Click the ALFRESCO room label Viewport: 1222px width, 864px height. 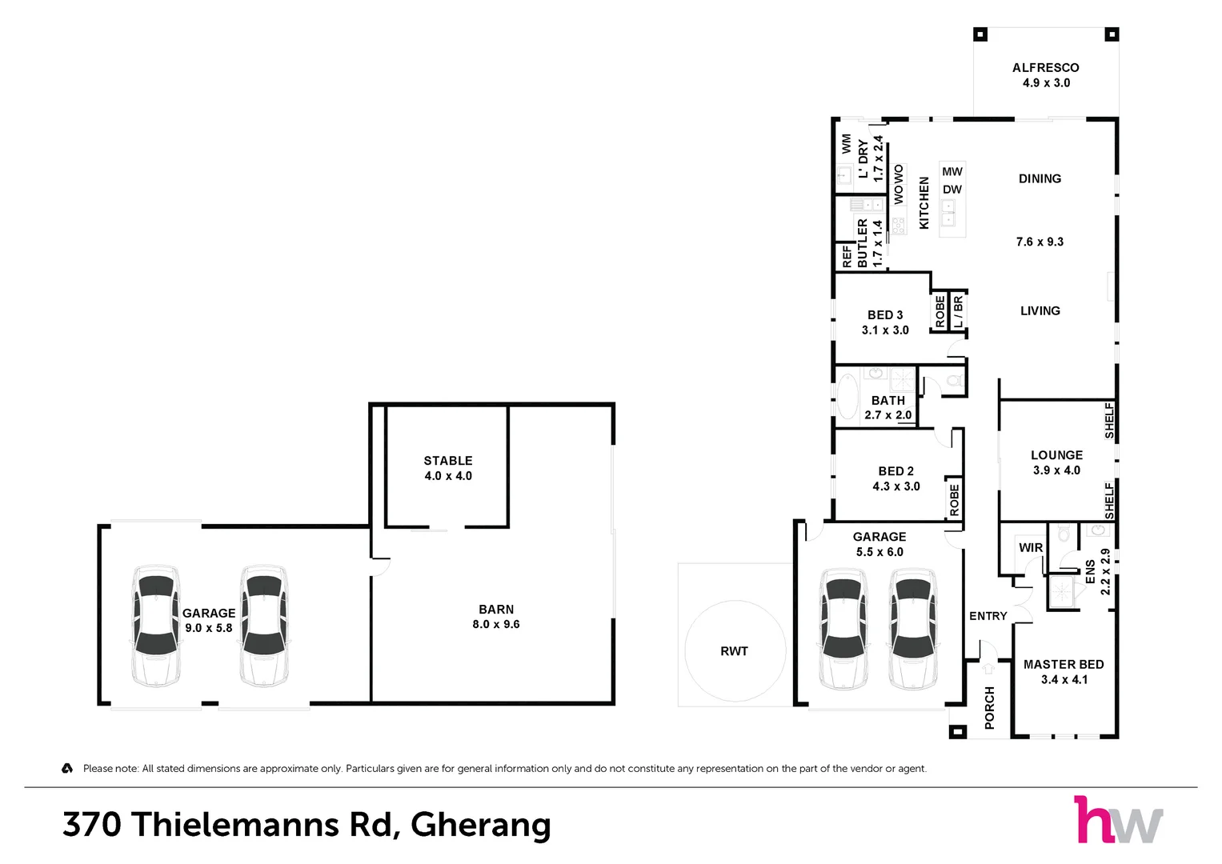tap(1045, 68)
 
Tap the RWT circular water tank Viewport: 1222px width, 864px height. tap(735, 650)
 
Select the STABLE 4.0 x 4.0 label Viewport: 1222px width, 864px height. tap(448, 468)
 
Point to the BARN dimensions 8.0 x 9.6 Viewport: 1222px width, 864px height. tap(496, 624)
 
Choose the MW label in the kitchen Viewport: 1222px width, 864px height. tap(952, 171)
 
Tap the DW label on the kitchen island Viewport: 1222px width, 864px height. tap(952, 190)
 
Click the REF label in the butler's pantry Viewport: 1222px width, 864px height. tap(847, 256)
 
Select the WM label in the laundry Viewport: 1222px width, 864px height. tap(846, 144)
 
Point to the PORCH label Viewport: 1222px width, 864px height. tap(989, 707)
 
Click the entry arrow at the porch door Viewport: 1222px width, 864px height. tap(988, 669)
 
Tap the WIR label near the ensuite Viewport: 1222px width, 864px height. tap(1031, 548)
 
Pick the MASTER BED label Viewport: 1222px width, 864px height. tap(1064, 664)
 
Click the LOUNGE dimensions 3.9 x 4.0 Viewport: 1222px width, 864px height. tap(1056, 470)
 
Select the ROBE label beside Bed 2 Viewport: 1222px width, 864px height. tap(954, 500)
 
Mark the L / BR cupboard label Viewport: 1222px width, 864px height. tap(958, 311)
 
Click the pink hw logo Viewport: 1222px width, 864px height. tap(1088, 820)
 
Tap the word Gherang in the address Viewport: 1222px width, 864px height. tap(481, 825)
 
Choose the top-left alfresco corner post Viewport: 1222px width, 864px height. tap(980, 34)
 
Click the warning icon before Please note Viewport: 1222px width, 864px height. tap(67, 768)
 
